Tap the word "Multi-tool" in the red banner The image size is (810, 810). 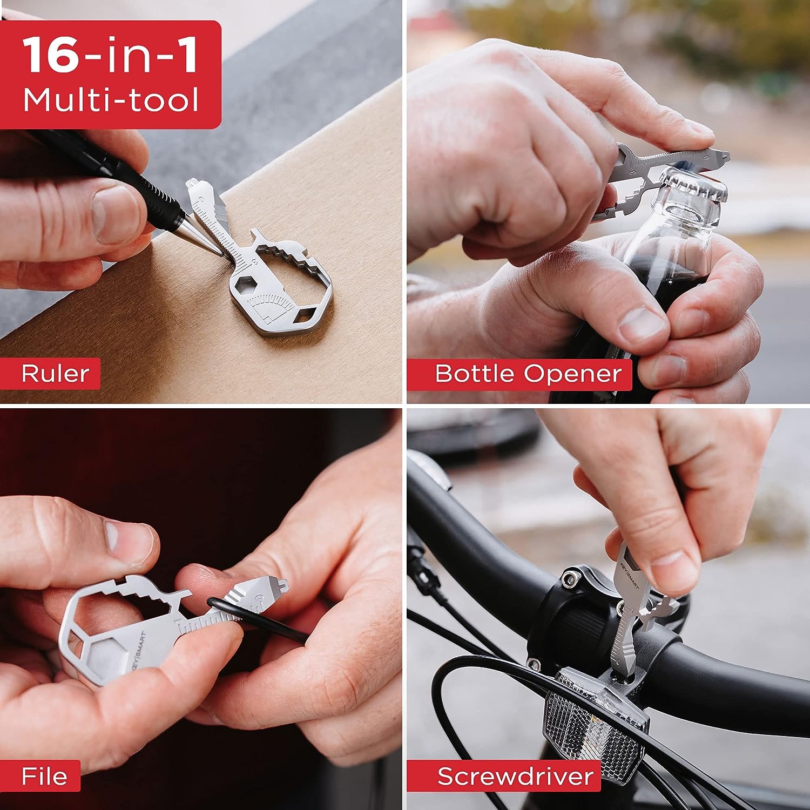[x=111, y=100]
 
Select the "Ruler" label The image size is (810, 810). [x=55, y=374]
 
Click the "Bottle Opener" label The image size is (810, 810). [x=528, y=374]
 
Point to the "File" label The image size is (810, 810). [x=44, y=777]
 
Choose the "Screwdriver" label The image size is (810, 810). [x=515, y=777]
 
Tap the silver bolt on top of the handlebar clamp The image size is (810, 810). [x=567, y=579]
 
